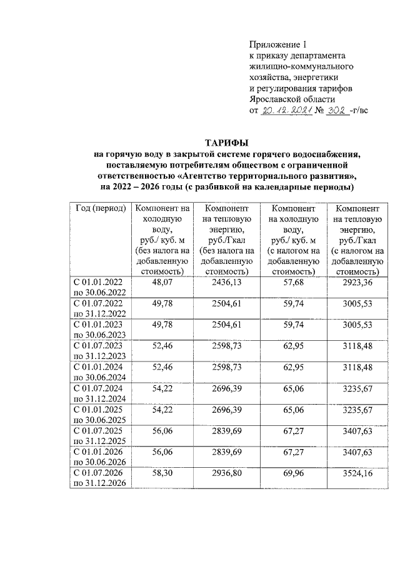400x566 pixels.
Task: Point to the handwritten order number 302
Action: coord(334,110)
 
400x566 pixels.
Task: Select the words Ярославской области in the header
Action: coord(292,99)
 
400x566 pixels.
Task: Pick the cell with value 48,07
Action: coord(162,283)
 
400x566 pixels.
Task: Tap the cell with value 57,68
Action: coord(292,283)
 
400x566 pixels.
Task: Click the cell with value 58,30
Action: coord(162,475)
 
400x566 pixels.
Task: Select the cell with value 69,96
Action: coord(292,475)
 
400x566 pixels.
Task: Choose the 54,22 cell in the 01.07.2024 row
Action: coord(162,390)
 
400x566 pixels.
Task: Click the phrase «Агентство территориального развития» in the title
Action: coord(274,177)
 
